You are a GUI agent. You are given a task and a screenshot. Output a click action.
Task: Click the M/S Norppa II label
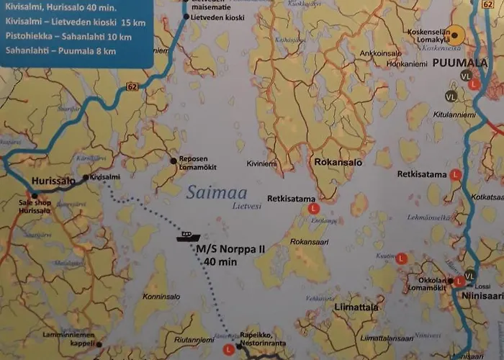(231, 249)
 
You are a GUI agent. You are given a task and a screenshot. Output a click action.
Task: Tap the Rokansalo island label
(338, 162)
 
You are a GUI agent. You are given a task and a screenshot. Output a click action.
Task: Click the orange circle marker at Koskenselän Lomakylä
(455, 33)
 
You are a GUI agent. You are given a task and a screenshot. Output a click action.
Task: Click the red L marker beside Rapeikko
(229, 349)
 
